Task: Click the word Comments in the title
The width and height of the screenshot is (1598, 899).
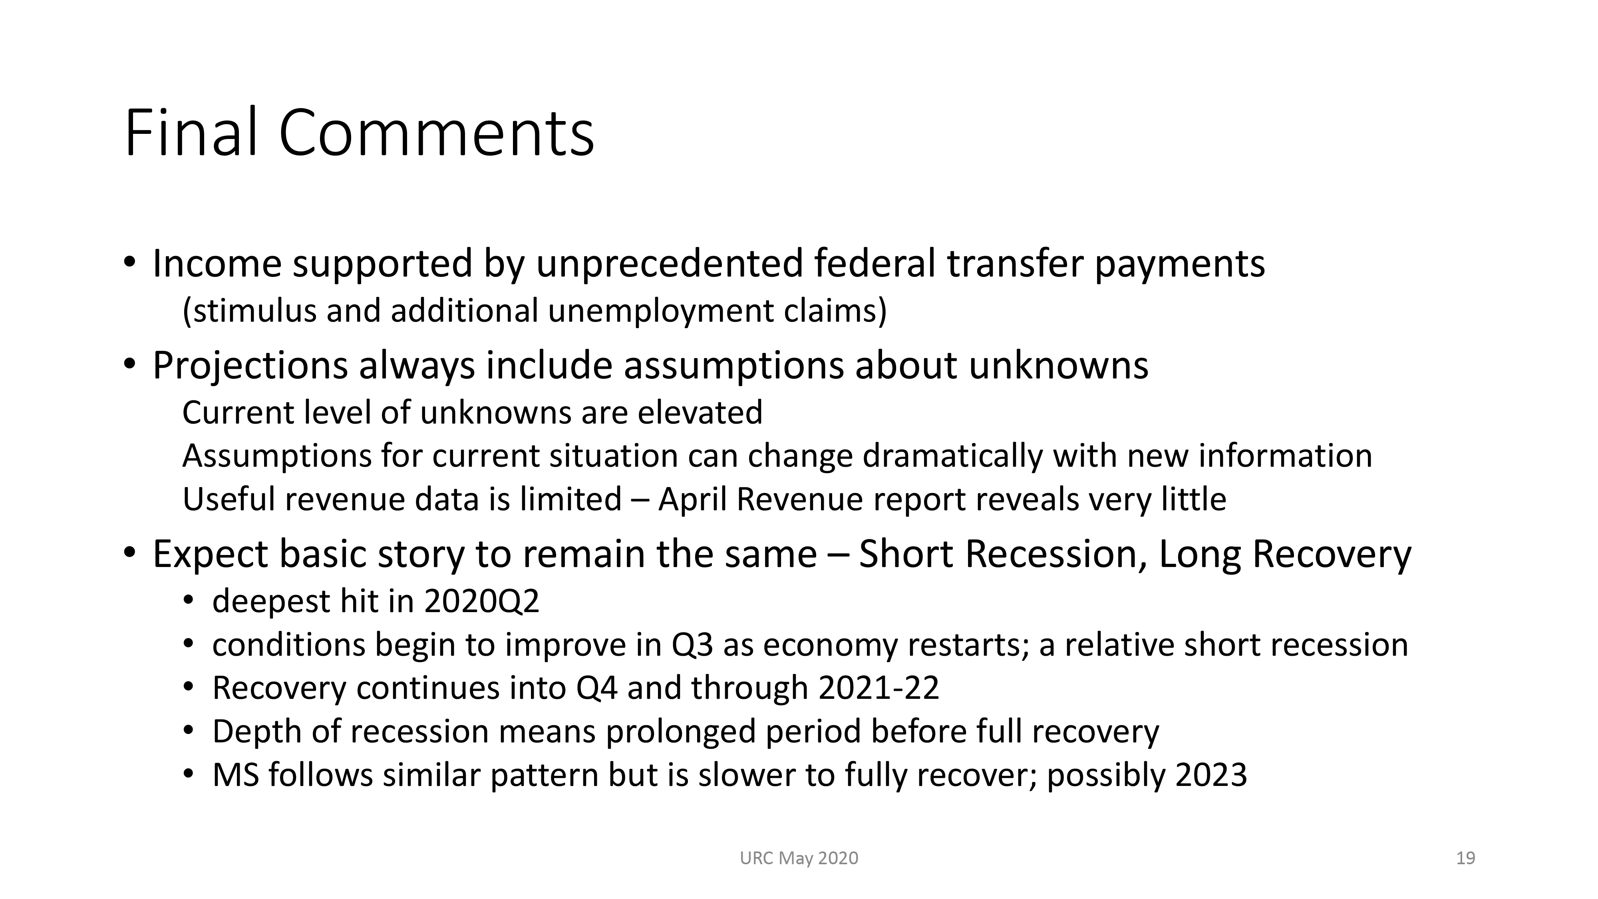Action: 437,133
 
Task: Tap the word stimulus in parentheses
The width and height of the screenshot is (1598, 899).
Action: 250,311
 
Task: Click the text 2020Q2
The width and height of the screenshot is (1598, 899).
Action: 481,602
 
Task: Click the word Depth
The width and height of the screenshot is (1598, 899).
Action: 257,732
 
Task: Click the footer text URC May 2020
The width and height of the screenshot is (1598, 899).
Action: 799,858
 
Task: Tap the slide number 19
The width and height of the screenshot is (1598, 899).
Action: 1465,858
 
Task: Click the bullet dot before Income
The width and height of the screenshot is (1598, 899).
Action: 129,262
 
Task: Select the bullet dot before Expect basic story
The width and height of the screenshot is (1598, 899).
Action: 129,551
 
